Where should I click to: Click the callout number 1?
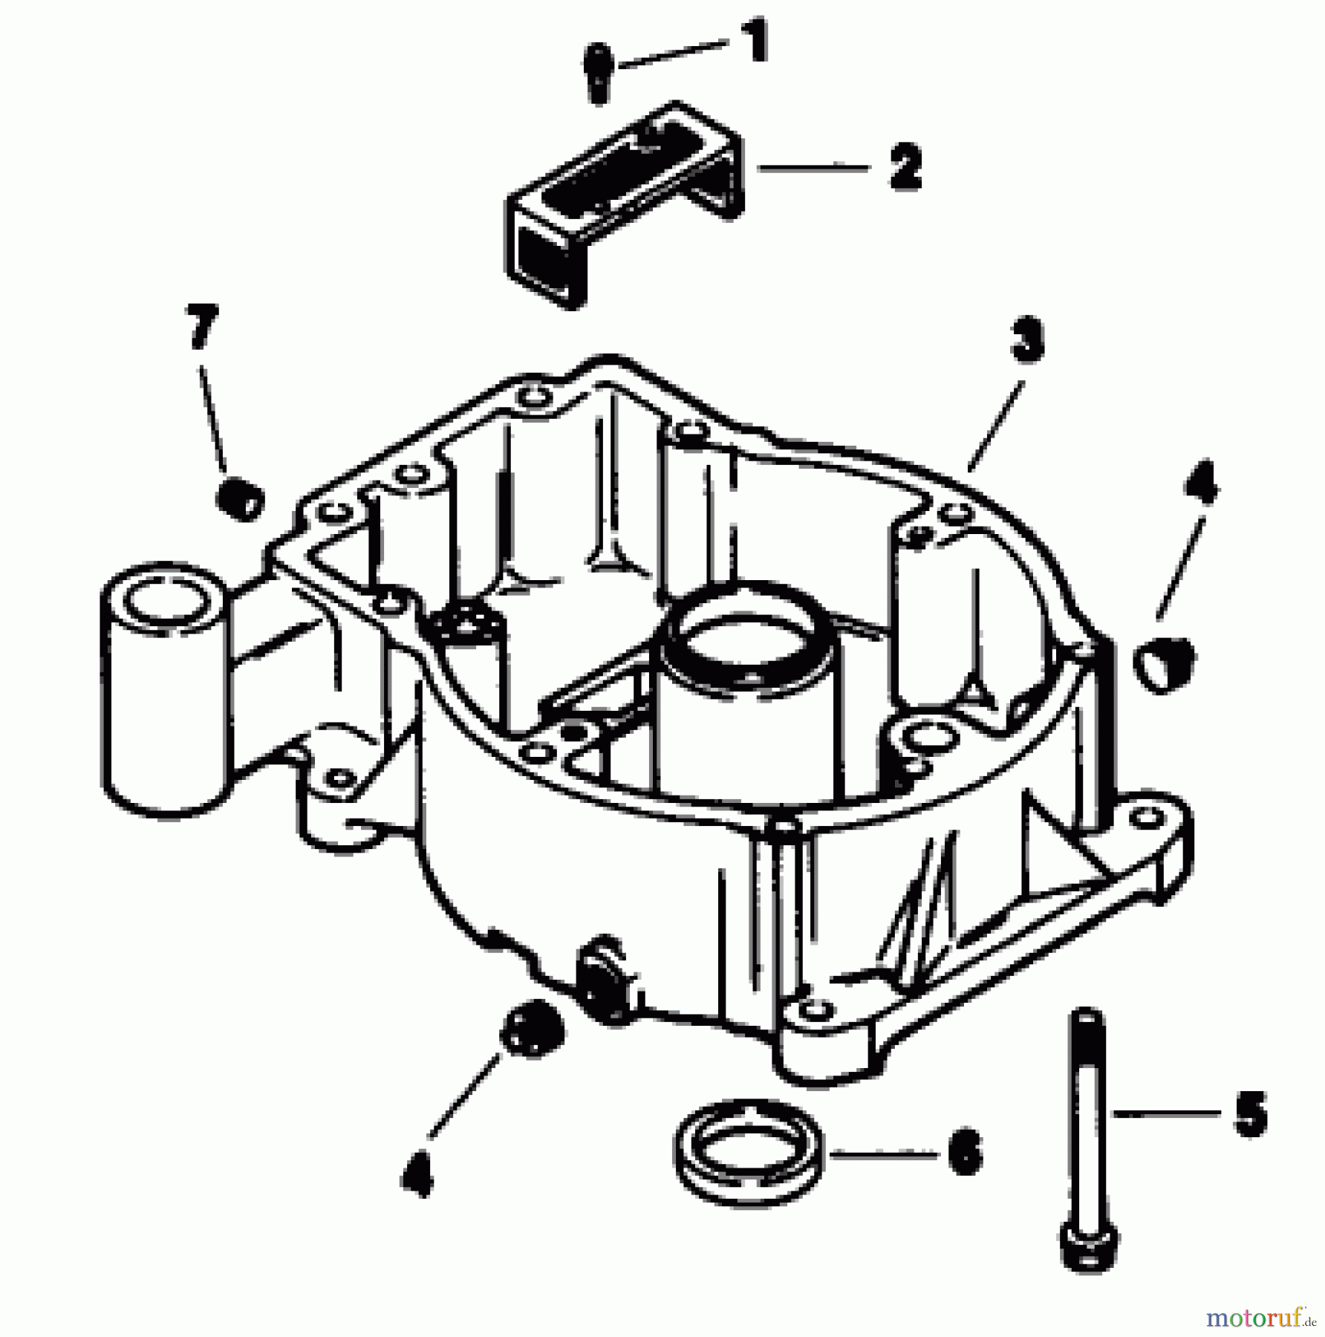tap(755, 42)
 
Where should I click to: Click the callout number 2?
tap(904, 168)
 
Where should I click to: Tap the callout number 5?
tap(1249, 1133)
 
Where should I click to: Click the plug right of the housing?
tap(1164, 663)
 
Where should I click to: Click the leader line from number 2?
tap(813, 169)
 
